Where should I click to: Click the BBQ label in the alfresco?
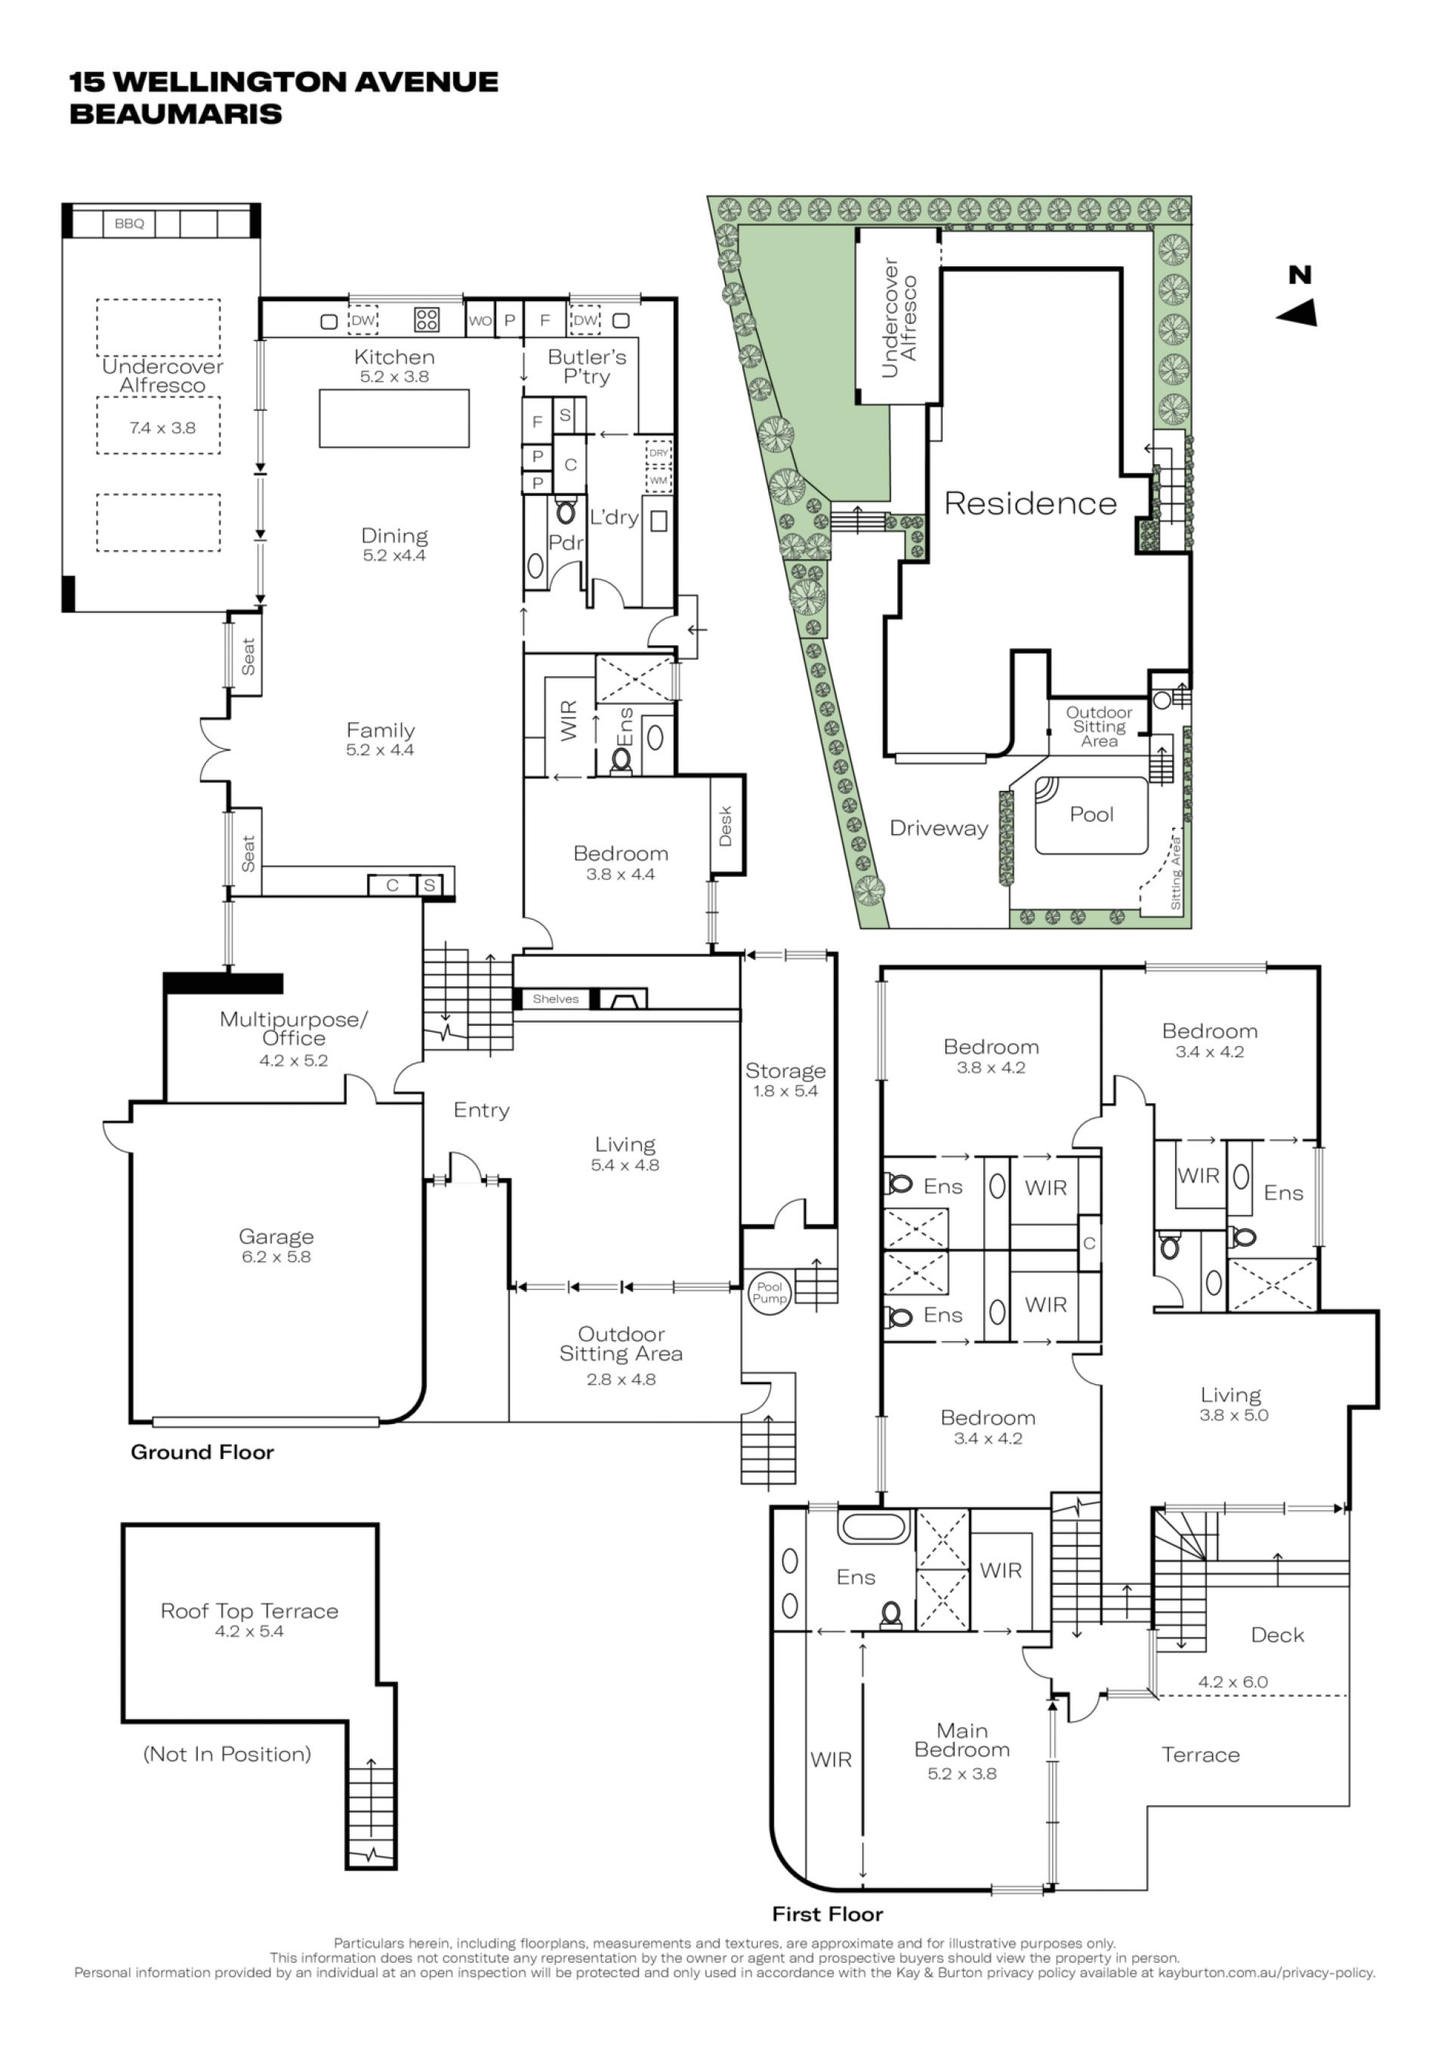pyautogui.click(x=129, y=223)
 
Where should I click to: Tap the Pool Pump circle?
pyautogui.click(x=769, y=1292)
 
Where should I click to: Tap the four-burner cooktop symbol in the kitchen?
pyautogui.click(x=427, y=319)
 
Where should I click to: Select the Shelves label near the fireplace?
pyautogui.click(x=555, y=998)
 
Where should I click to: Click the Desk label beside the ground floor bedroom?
pyautogui.click(x=725, y=826)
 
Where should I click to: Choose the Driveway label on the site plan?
pyautogui.click(x=939, y=828)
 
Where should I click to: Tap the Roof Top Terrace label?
pyautogui.click(x=249, y=1611)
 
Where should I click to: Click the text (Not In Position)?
pyautogui.click(x=227, y=1755)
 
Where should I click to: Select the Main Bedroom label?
pyautogui.click(x=961, y=1740)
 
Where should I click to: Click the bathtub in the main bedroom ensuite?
pyautogui.click(x=874, y=1527)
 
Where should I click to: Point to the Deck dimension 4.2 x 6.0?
pyautogui.click(x=1232, y=1681)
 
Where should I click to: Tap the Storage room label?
pyautogui.click(x=785, y=1071)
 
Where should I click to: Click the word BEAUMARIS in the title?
pyautogui.click(x=176, y=114)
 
